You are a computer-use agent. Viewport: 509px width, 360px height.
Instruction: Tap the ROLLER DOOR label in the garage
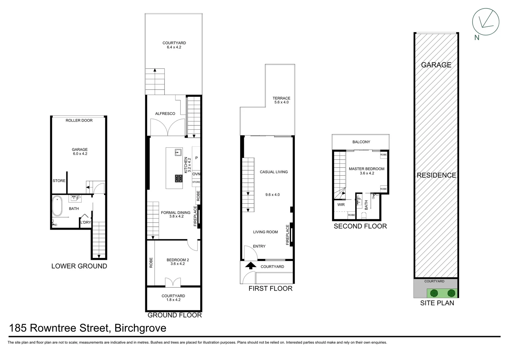[x=79, y=120]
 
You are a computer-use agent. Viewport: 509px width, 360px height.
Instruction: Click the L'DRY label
[x=86, y=222]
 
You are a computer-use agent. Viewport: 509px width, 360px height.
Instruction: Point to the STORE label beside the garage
[x=59, y=181]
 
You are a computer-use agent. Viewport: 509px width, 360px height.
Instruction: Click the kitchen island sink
[x=178, y=153]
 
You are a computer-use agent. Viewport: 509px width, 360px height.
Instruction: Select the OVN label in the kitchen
[x=196, y=174]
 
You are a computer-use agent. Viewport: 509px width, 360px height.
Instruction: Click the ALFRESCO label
[x=165, y=114]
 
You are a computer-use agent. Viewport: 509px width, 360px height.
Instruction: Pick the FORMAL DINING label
[x=176, y=212]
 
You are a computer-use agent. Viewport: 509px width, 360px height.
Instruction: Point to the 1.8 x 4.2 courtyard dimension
[x=173, y=300]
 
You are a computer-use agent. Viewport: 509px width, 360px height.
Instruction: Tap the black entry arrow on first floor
[x=251, y=265]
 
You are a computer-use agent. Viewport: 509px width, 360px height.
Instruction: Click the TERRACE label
[x=281, y=98]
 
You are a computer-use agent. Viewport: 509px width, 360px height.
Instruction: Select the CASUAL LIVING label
[x=273, y=172]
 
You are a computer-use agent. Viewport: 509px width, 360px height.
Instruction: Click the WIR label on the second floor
[x=341, y=205]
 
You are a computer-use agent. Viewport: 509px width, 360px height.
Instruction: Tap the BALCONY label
[x=361, y=142]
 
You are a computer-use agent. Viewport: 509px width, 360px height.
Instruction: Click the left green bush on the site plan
[x=433, y=293]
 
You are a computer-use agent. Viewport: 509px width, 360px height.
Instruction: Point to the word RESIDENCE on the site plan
[x=436, y=175]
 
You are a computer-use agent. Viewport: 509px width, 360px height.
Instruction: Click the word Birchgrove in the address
[x=140, y=328]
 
